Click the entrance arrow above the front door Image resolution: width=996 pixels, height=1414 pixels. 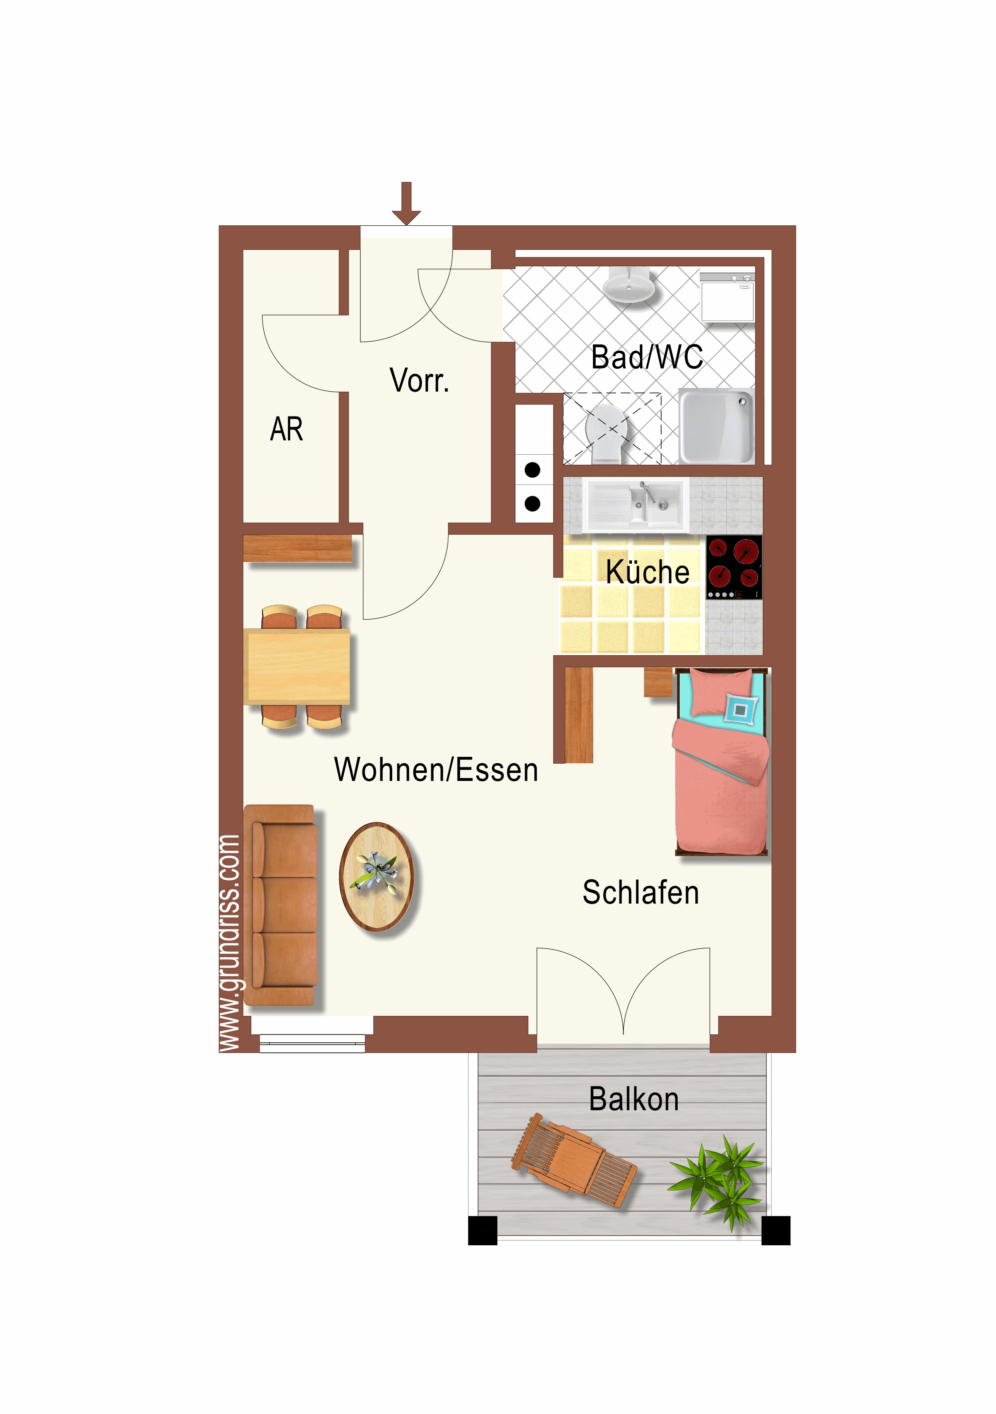tap(406, 203)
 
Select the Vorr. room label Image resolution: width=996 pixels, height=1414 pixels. tap(419, 380)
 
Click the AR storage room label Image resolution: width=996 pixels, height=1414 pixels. tap(286, 429)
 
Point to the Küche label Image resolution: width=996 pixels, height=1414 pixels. tap(647, 572)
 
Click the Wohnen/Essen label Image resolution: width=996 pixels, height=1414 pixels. tap(436, 770)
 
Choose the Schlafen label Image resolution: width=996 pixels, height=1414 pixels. tap(641, 893)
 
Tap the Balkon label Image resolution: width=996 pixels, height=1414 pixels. tap(634, 1099)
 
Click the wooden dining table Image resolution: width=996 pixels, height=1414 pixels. tap(297, 666)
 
